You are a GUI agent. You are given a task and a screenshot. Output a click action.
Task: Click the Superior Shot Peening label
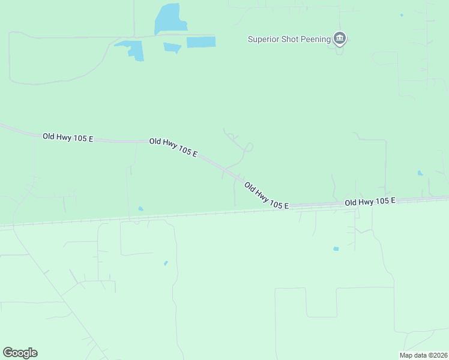[289, 40]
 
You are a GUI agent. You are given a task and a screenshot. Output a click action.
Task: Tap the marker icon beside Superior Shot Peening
[340, 39]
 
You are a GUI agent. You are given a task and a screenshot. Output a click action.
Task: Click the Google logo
[20, 353]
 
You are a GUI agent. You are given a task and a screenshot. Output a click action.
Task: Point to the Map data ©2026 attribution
[423, 355]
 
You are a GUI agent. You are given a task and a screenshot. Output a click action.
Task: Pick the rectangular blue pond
[201, 42]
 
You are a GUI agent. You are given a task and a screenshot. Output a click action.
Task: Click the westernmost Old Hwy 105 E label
[68, 137]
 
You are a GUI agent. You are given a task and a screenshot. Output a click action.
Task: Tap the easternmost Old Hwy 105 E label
[370, 202]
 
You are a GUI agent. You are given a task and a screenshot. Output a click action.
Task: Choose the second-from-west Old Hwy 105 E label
[173, 147]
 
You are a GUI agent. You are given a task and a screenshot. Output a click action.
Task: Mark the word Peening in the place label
[316, 40]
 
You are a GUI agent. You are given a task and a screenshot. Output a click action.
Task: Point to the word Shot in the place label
[291, 40]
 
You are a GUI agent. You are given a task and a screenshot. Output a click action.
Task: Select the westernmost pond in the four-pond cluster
[132, 49]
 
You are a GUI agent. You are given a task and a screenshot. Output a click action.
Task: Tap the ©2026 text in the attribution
[436, 355]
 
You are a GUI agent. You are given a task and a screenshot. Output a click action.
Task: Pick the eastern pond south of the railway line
[336, 248]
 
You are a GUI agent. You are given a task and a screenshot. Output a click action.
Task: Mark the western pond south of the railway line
[166, 263]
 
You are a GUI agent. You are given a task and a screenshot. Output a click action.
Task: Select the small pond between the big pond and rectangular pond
[172, 47]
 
